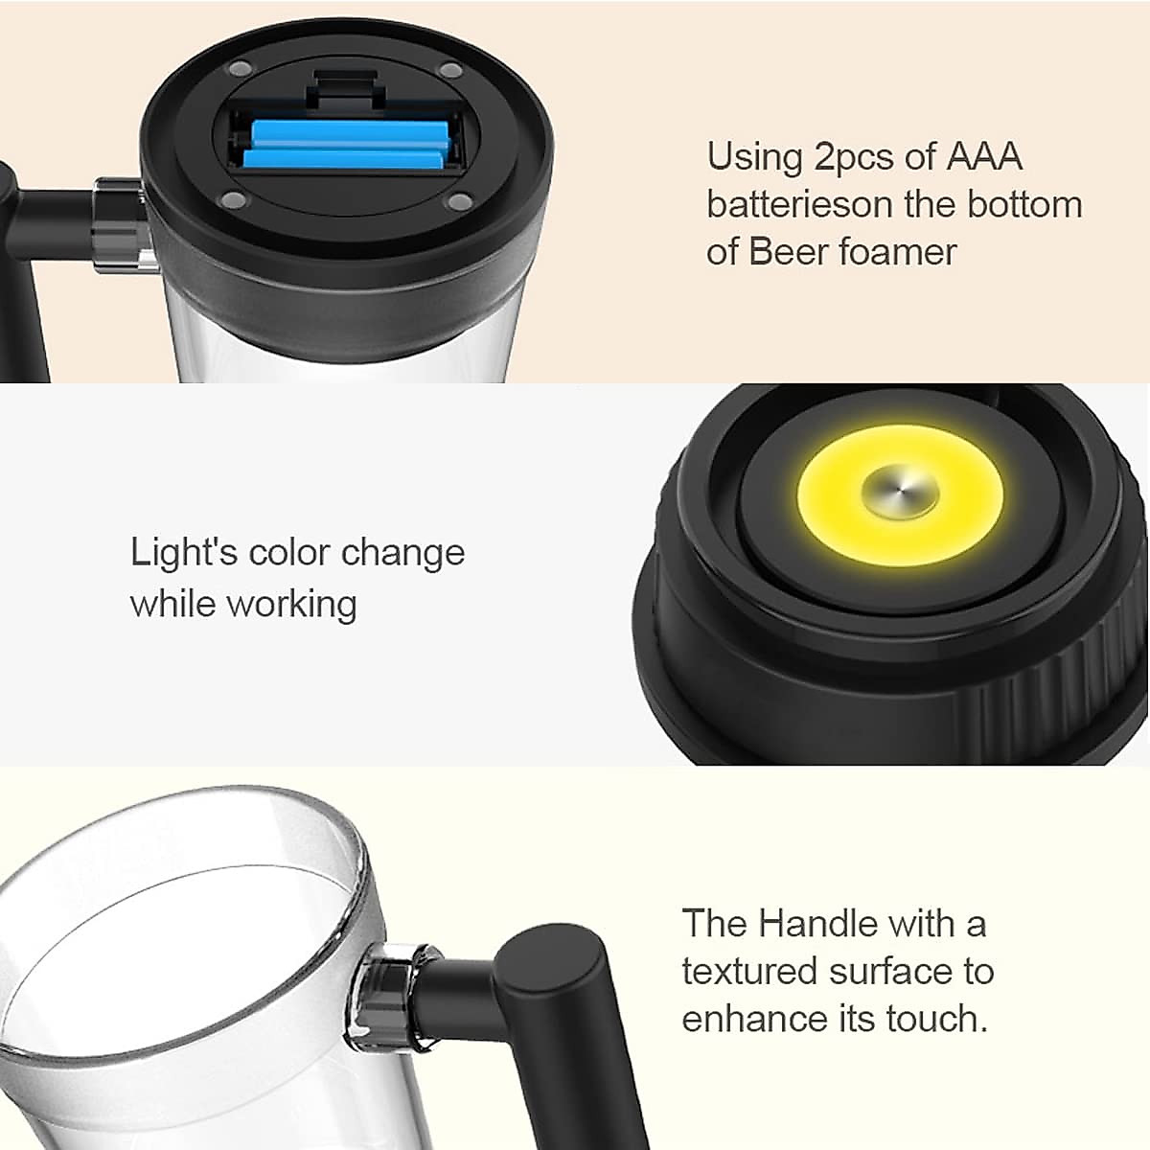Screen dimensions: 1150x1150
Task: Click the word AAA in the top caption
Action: (984, 156)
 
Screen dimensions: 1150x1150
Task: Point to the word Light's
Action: (183, 553)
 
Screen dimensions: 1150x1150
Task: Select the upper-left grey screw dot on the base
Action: (240, 69)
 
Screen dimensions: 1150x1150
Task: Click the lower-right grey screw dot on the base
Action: (460, 201)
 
